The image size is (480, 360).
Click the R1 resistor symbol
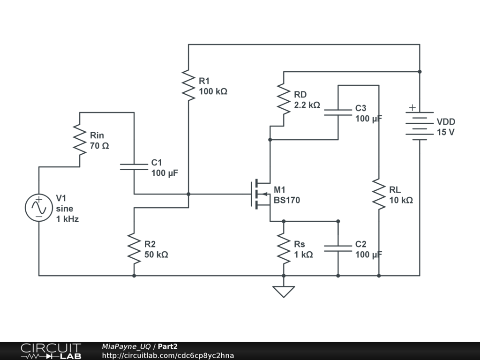click(x=188, y=85)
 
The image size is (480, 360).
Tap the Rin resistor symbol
click(x=80, y=139)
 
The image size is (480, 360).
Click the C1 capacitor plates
click(x=134, y=166)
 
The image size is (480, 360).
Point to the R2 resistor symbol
click(x=134, y=249)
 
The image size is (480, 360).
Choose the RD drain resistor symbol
click(x=284, y=99)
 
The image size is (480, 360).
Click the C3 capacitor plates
click(x=338, y=112)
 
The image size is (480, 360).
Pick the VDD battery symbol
click(x=419, y=126)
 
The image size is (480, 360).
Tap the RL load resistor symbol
click(x=379, y=194)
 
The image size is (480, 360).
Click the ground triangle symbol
click(x=284, y=292)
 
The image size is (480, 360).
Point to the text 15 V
click(x=445, y=132)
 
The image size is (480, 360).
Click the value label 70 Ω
click(x=99, y=146)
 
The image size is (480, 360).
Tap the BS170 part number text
click(x=287, y=200)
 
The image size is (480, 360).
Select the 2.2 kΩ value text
click(x=307, y=105)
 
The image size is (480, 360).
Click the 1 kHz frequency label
click(x=67, y=218)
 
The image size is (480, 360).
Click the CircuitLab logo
click(x=51, y=351)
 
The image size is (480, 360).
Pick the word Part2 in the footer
click(x=168, y=346)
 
